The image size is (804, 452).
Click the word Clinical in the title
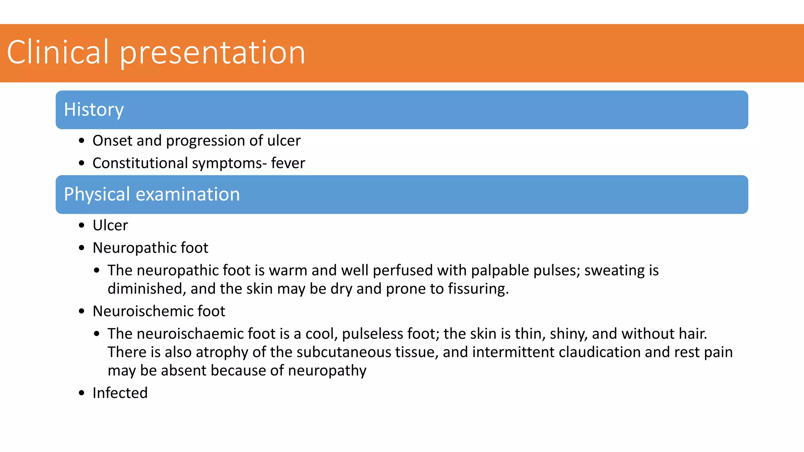[x=58, y=52]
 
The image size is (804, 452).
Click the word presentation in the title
[x=212, y=53]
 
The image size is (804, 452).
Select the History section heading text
[x=94, y=109]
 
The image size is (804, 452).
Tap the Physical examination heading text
[x=152, y=194]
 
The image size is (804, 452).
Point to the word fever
[x=288, y=163]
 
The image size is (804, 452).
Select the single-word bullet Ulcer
[x=110, y=226]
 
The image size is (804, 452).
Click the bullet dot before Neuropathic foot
[x=82, y=248]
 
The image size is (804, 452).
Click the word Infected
[x=120, y=393]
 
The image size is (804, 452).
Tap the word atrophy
[x=222, y=352]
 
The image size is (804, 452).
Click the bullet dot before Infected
[x=82, y=393]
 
